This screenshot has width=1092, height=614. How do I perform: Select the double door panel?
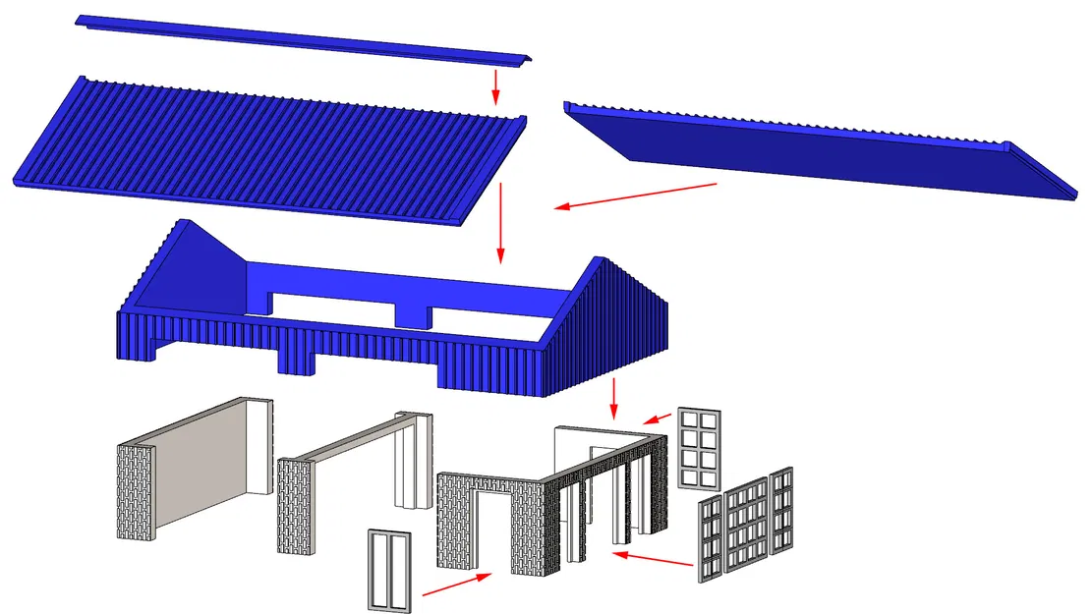coord(388,570)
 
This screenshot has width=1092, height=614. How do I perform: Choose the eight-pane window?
coord(697,447)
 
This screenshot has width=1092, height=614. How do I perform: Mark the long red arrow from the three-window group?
coord(654,560)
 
